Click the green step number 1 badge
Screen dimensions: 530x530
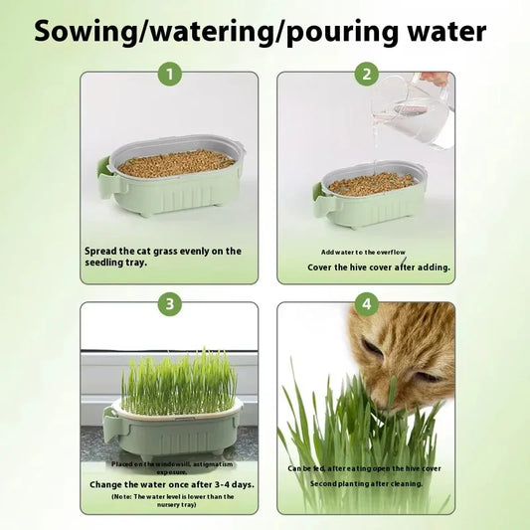tap(170, 74)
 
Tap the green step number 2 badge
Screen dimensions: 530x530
tap(367, 74)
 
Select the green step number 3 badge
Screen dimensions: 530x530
tap(170, 304)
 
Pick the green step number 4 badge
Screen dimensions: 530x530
tap(367, 304)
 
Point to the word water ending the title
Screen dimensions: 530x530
tap(440, 30)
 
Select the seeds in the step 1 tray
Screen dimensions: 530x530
tap(177, 164)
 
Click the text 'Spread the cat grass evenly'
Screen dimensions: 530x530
tap(162, 251)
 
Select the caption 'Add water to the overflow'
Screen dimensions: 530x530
tap(364, 252)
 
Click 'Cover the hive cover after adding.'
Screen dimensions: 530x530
tap(365, 266)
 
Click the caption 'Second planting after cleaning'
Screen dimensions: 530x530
tap(364, 483)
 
